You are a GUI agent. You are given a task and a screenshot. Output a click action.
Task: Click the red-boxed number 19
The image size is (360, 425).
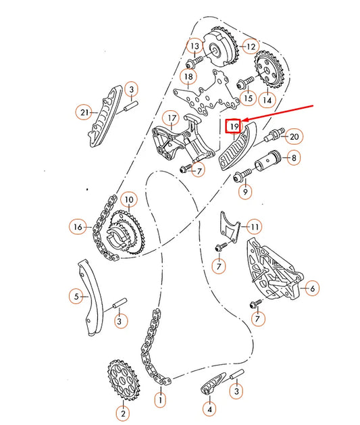[234, 126]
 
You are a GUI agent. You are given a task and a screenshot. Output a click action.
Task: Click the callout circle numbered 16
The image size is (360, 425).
[78, 228]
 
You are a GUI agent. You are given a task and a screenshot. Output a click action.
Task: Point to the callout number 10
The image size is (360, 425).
[128, 199]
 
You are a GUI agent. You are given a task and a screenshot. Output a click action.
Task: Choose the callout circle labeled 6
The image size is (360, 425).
[312, 288]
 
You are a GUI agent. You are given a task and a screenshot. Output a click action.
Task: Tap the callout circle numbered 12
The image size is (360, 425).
[251, 47]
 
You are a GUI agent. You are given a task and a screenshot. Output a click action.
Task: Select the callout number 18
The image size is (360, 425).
[188, 76]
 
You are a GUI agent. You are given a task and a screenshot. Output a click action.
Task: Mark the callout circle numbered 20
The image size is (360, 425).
[294, 137]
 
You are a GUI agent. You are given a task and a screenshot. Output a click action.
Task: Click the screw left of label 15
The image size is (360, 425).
[240, 84]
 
